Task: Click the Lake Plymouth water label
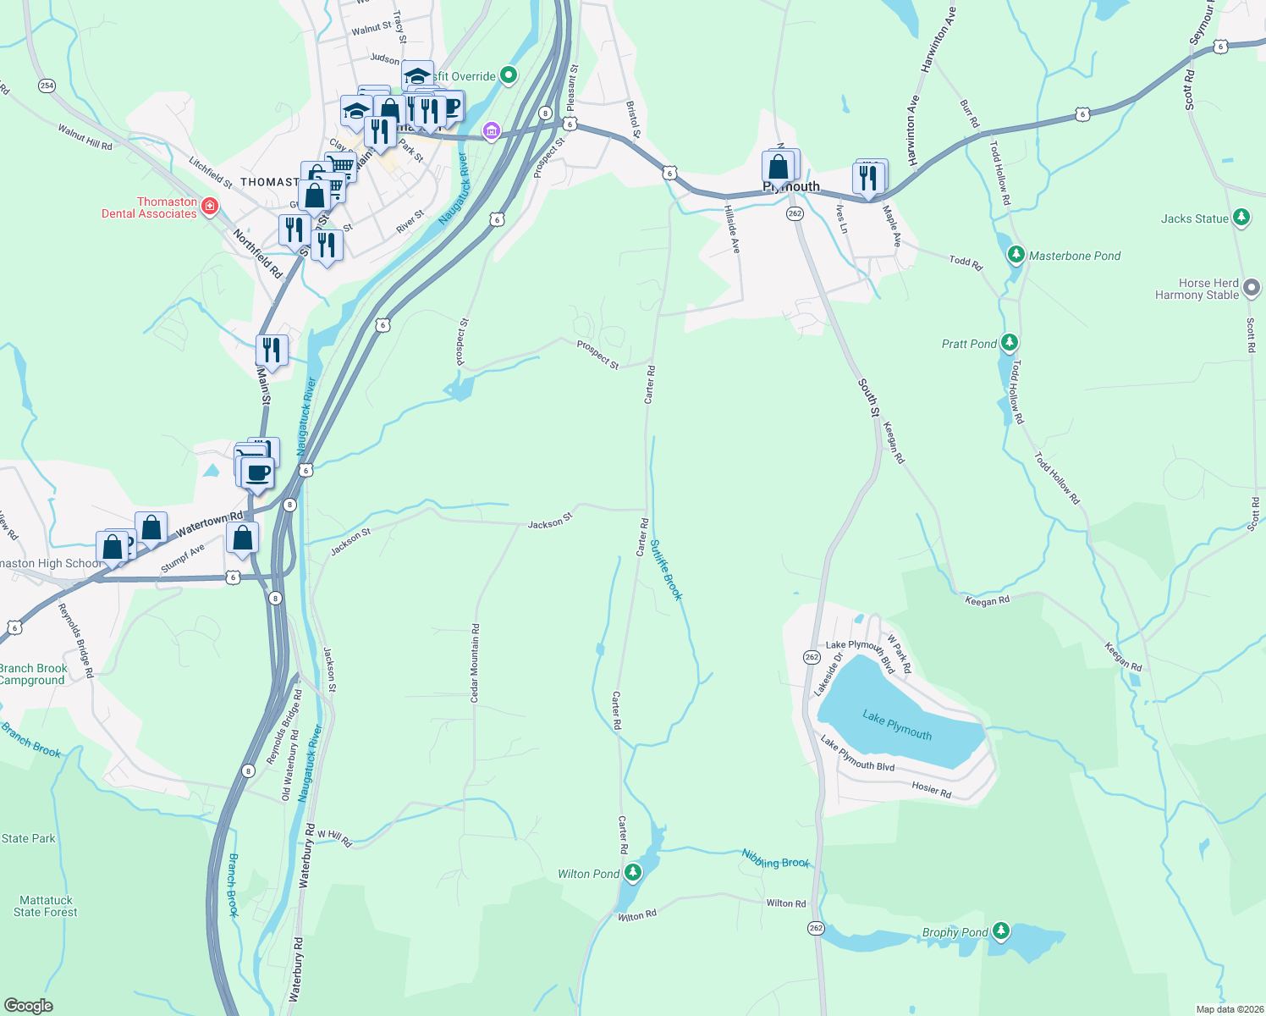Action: (897, 726)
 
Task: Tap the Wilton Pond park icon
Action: (634, 873)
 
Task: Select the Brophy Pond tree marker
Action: (1001, 931)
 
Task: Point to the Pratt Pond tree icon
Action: (1009, 343)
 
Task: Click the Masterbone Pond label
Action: (1074, 256)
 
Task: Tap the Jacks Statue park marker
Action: (1241, 218)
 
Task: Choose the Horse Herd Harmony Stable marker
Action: (1252, 289)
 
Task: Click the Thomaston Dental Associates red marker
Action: (210, 207)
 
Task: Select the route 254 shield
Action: (47, 86)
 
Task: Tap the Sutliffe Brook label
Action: (665, 570)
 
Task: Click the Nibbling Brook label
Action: (776, 859)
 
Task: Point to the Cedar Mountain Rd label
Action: (475, 663)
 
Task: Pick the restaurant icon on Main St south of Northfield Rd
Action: (272, 349)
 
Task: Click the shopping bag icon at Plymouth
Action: (779, 167)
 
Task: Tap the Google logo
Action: (28, 1006)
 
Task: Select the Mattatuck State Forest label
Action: (46, 907)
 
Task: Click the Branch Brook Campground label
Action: (33, 674)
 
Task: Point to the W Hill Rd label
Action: (334, 837)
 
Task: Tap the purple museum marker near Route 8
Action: (491, 131)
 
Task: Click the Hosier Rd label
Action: (931, 789)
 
